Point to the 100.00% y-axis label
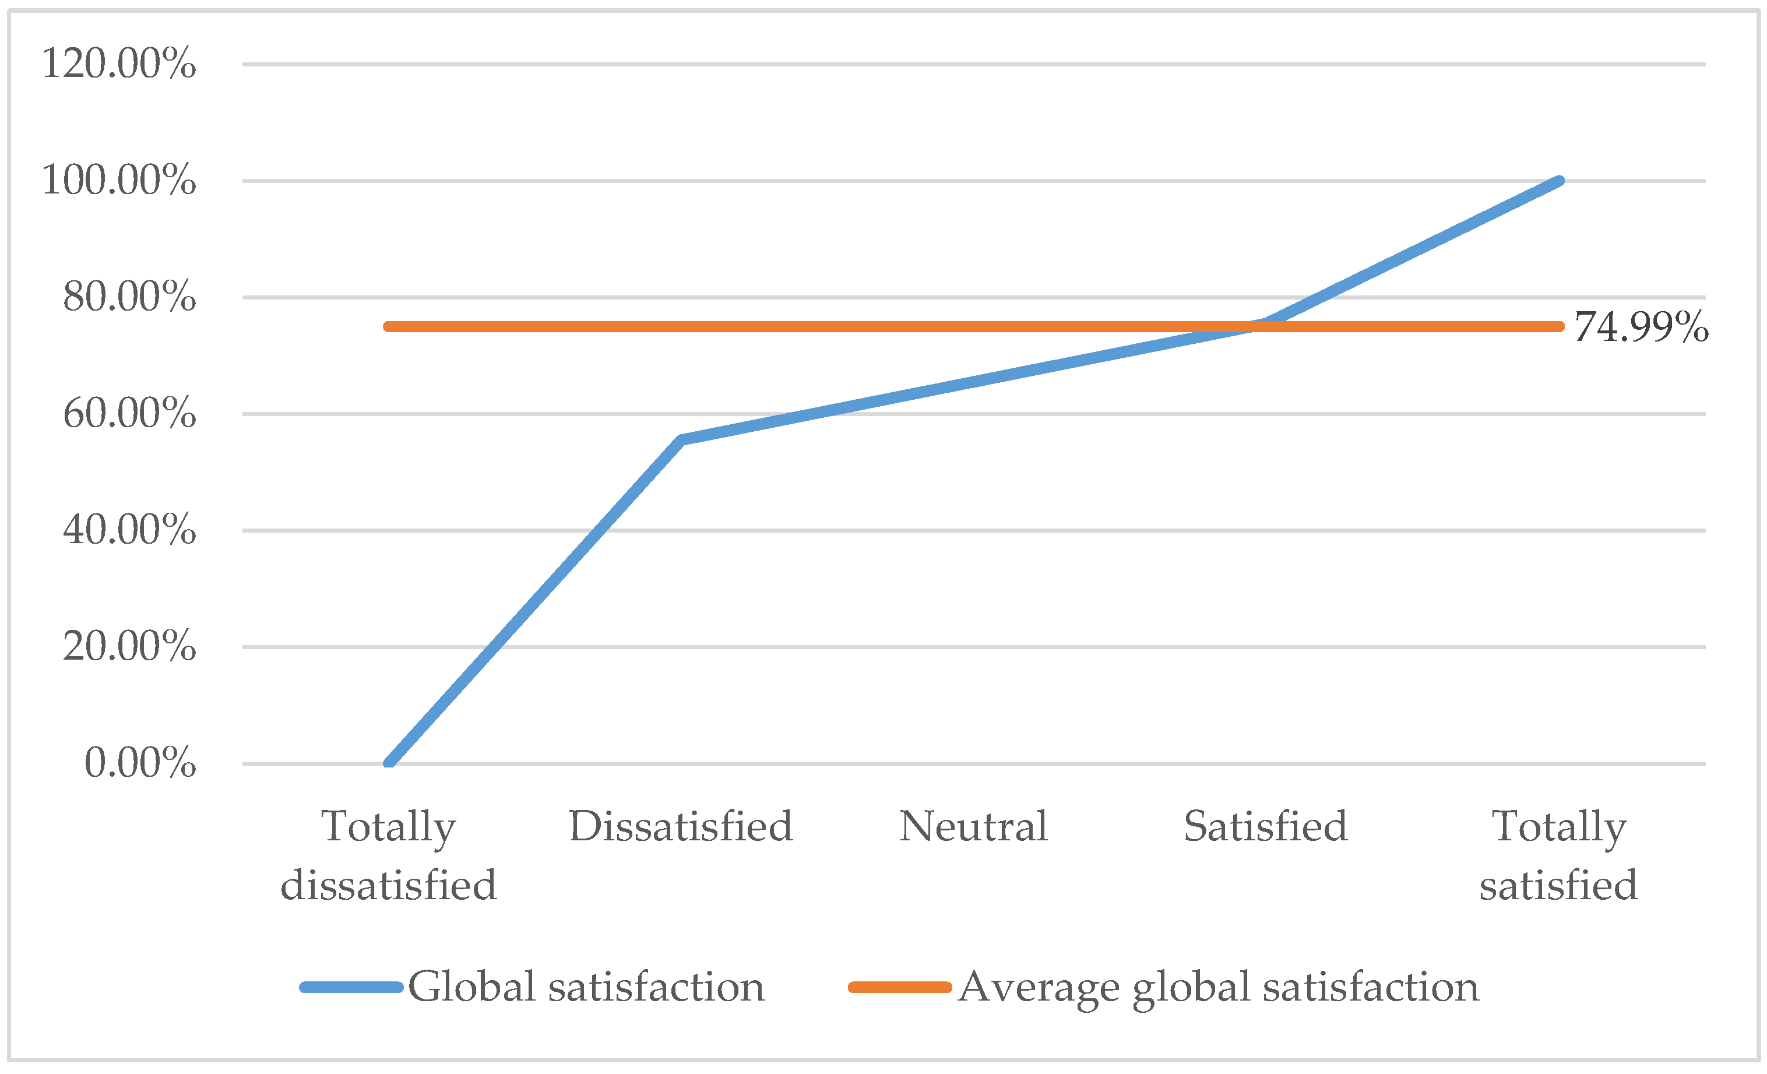[x=118, y=180]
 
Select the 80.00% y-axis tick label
[x=129, y=297]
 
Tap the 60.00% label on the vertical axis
[x=129, y=414]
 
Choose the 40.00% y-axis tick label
[x=129, y=530]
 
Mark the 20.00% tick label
[x=129, y=647]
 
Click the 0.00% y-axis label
[x=140, y=763]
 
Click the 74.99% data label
[x=1641, y=328]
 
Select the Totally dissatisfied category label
[x=388, y=855]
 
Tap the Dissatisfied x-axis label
[x=681, y=827]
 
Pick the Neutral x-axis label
[x=973, y=827]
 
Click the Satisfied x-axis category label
[x=1266, y=827]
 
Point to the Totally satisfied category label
[x=1558, y=855]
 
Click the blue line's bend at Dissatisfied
[x=681, y=439]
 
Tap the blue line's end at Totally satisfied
[x=1558, y=181]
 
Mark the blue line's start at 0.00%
[x=389, y=763]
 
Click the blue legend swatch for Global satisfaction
[x=351, y=987]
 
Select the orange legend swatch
[x=899, y=987]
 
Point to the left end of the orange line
[x=388, y=327]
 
